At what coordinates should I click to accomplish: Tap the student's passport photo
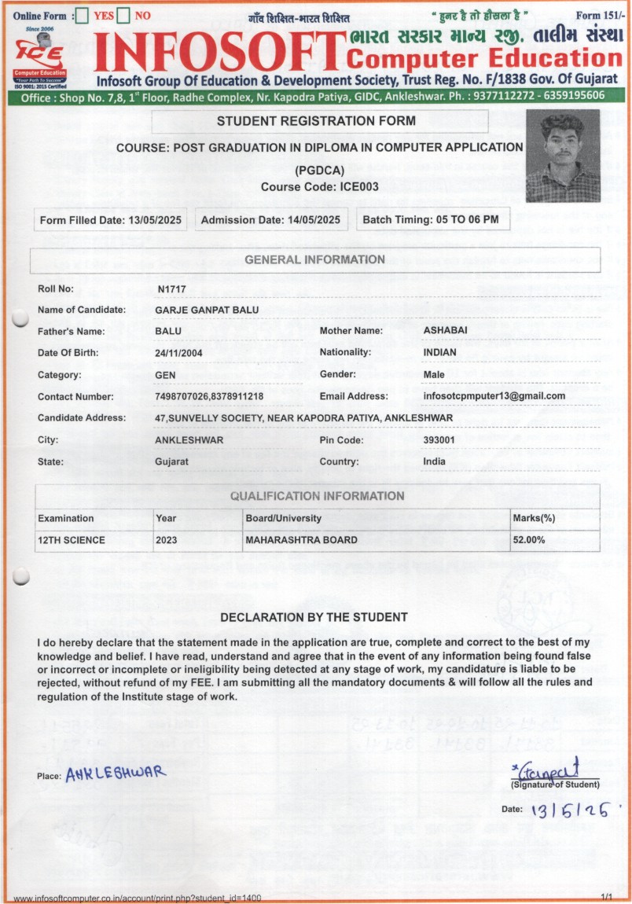click(x=562, y=156)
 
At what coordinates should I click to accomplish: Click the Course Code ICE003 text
click(x=320, y=186)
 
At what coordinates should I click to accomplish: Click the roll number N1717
click(x=171, y=289)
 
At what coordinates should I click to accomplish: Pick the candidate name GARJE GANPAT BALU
click(x=207, y=310)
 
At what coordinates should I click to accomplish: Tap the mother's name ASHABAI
click(x=445, y=330)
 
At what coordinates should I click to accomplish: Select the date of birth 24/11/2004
click(x=179, y=353)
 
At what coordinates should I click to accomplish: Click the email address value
click(x=494, y=396)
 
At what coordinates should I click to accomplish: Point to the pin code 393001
click(x=439, y=439)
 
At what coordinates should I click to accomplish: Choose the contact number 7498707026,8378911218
click(x=209, y=397)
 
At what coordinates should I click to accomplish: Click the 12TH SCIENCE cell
click(x=72, y=540)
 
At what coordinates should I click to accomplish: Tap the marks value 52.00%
click(x=528, y=540)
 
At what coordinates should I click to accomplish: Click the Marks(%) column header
click(x=534, y=518)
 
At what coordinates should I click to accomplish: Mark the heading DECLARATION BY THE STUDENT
click(x=314, y=617)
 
